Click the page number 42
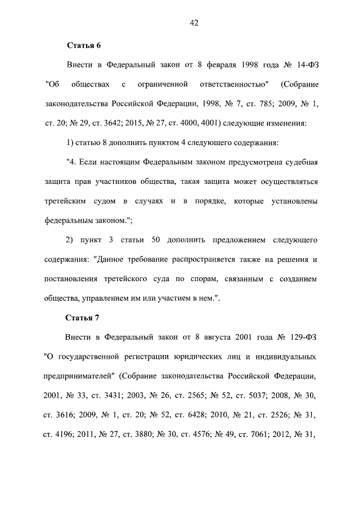pyautogui.click(x=194, y=23)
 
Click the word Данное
pyautogui.click(x=110, y=260)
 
